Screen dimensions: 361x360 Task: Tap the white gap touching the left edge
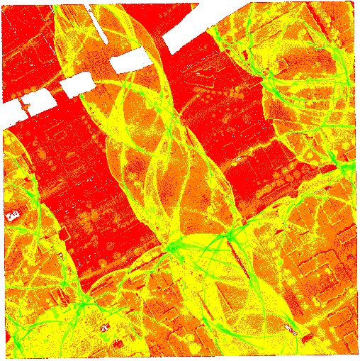(10, 113)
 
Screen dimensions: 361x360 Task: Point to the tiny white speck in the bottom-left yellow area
(105, 328)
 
